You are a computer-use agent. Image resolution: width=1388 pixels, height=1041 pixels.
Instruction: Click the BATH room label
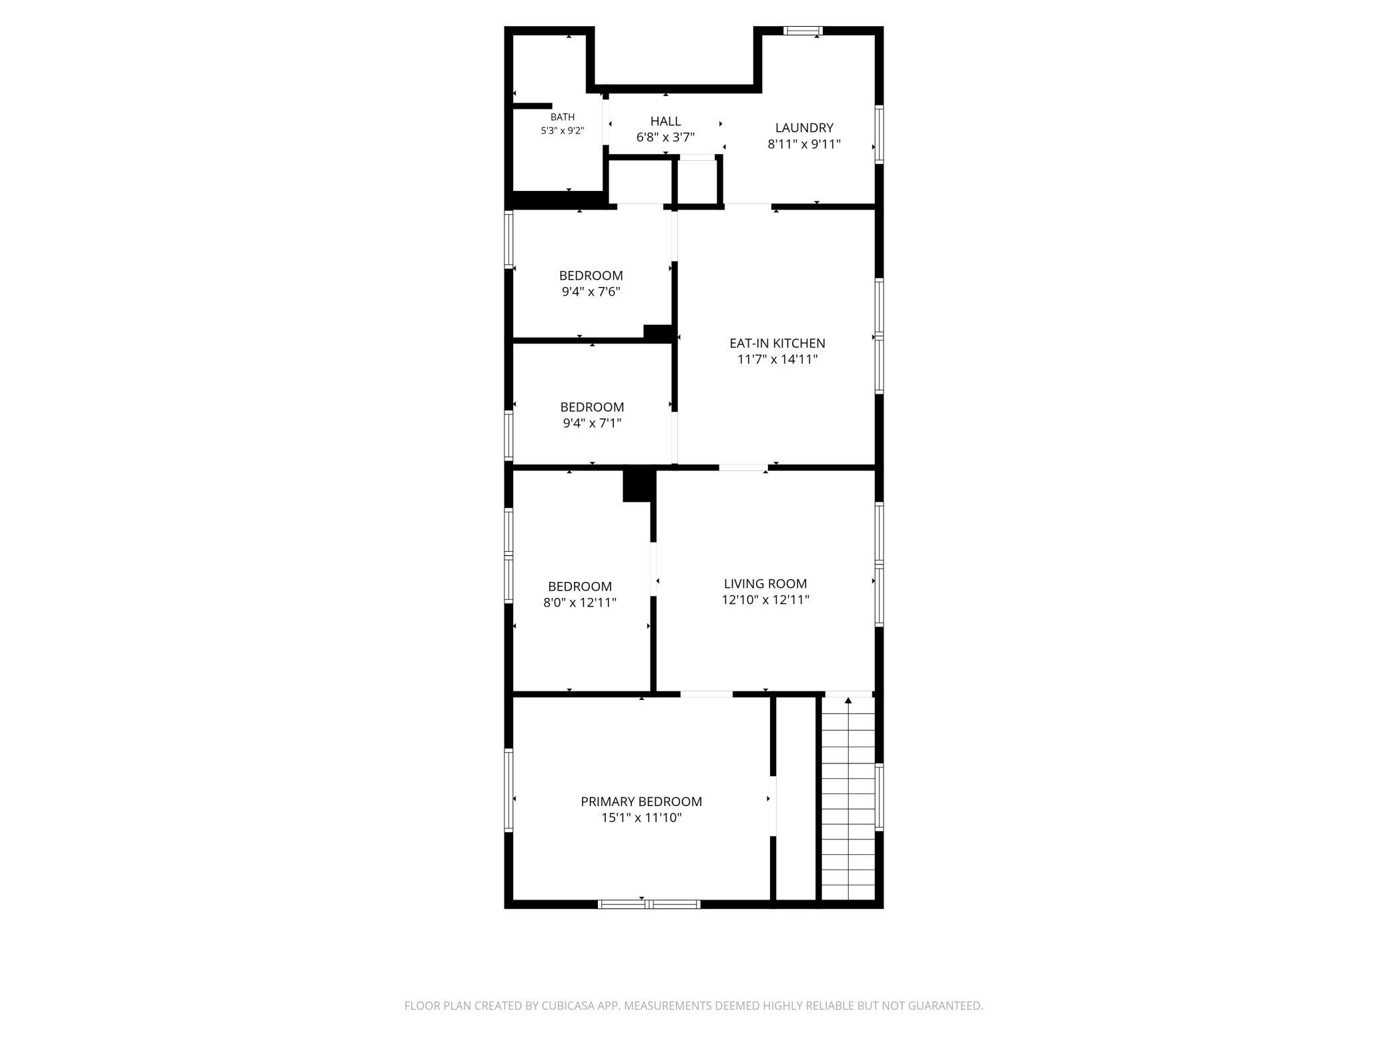(563, 117)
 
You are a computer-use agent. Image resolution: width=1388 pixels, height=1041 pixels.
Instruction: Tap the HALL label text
(666, 121)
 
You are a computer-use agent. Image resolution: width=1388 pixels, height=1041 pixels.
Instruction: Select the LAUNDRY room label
(804, 127)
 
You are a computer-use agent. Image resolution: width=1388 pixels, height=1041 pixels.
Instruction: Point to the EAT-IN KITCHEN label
(777, 343)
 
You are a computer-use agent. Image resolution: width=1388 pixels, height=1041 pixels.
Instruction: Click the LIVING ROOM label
(765, 583)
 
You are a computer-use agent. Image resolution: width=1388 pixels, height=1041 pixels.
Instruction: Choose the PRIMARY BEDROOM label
(641, 801)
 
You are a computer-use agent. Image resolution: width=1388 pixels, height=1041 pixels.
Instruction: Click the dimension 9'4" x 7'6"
(591, 292)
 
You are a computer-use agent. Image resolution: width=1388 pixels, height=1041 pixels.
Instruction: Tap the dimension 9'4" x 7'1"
(592, 423)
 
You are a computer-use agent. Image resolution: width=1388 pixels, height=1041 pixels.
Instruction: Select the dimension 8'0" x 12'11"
(580, 603)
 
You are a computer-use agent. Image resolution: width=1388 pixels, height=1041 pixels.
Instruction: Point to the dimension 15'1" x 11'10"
(641, 817)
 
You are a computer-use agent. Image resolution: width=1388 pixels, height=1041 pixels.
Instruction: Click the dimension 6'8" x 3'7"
(666, 137)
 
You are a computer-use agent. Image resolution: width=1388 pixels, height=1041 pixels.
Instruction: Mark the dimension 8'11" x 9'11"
(804, 144)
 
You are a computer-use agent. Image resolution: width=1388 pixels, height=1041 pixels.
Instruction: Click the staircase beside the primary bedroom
(847, 798)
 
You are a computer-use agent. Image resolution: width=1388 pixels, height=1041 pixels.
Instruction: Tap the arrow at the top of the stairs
(848, 701)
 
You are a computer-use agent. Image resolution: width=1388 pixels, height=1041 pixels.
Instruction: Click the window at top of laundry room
(803, 31)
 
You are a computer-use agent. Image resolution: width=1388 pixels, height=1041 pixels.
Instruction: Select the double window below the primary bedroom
(649, 904)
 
